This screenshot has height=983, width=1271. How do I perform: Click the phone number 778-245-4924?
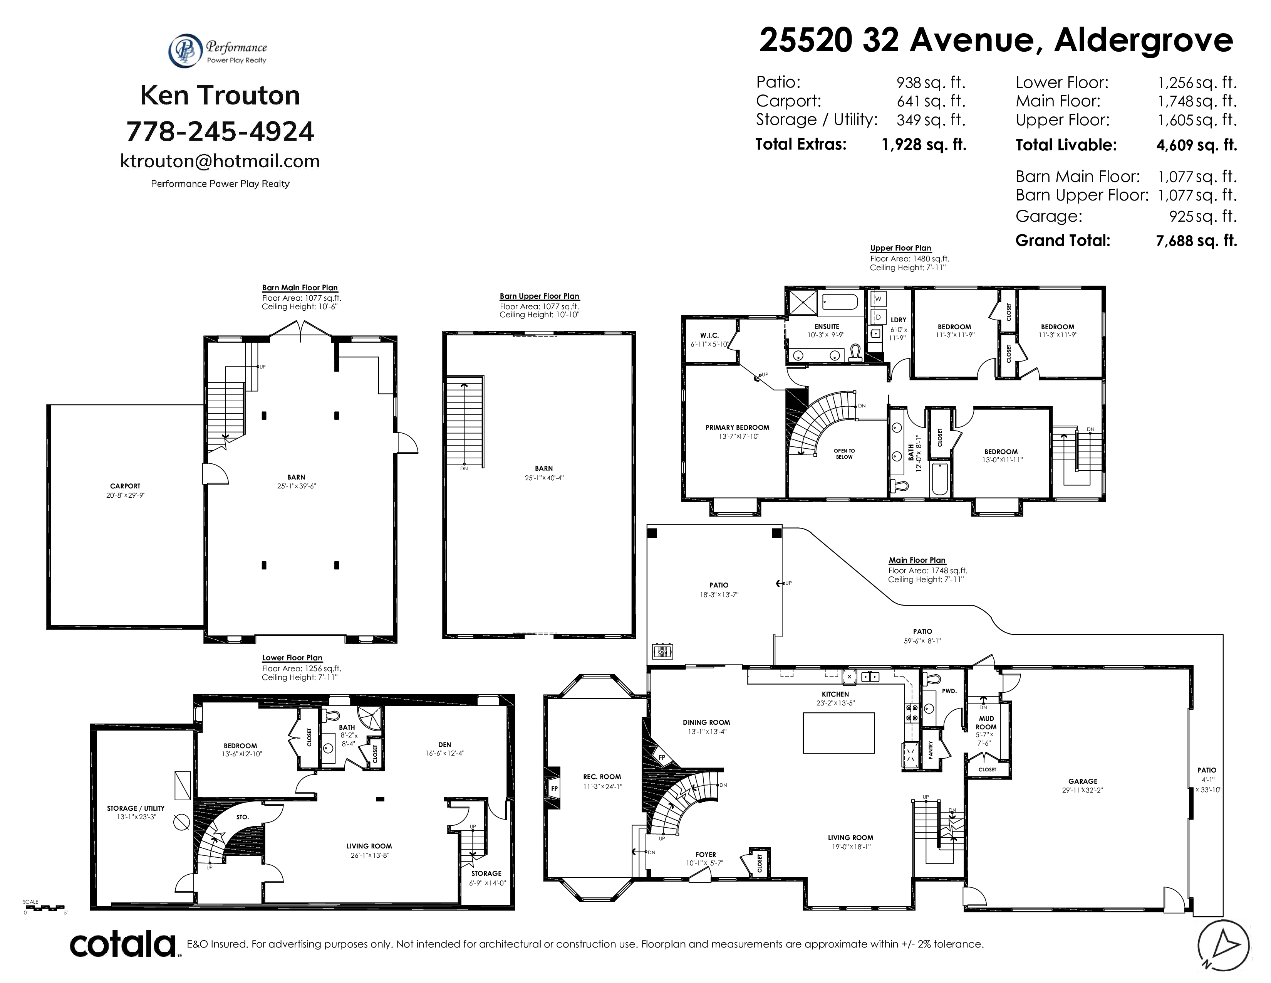[220, 131]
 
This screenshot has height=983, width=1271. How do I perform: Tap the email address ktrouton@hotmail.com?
[220, 161]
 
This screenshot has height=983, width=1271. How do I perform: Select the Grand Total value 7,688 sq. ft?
[1197, 241]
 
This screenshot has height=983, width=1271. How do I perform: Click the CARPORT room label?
[125, 486]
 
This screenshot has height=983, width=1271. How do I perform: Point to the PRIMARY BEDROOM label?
[737, 428]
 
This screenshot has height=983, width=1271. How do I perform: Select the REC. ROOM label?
[602, 776]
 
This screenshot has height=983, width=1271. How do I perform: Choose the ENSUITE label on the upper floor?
[827, 326]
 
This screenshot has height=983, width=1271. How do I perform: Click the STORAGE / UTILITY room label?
[136, 808]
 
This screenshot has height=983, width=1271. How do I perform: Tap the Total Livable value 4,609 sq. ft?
[1197, 145]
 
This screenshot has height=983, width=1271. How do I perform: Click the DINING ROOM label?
[706, 722]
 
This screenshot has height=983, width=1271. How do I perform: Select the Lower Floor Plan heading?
[292, 658]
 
